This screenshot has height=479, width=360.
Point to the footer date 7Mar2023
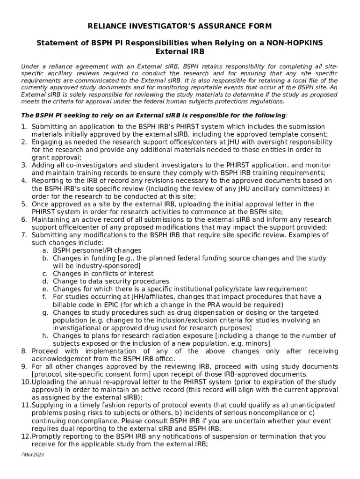pyautogui.click(x=32, y=454)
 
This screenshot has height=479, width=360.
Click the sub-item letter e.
pyautogui.click(x=45, y=289)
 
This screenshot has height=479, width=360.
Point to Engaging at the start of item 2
pyautogui.click(x=48, y=142)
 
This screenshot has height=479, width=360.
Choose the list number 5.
pyautogui.click(x=23, y=204)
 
